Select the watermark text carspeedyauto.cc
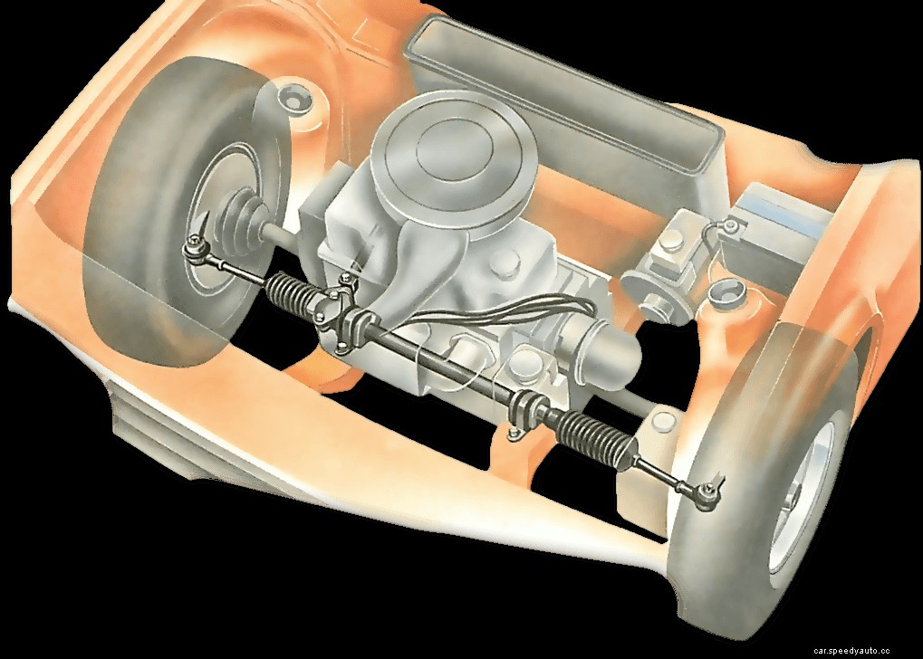pyautogui.click(x=865, y=650)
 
